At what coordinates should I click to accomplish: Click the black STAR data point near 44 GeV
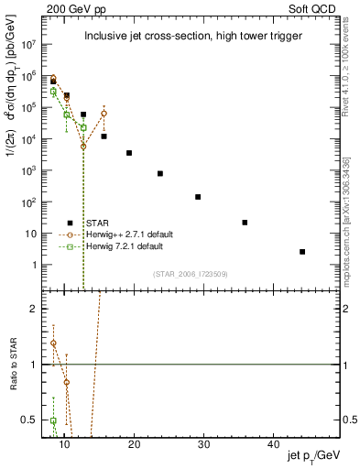(302, 251)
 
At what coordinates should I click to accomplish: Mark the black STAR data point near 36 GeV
(245, 223)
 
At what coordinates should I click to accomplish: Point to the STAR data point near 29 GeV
(198, 197)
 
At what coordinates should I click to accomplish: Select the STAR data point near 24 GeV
(159, 173)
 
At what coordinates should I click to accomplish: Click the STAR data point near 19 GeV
(129, 153)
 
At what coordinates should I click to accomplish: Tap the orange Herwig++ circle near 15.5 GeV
(104, 114)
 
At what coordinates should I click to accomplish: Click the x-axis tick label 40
(273, 443)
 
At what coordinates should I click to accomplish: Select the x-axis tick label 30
(203, 443)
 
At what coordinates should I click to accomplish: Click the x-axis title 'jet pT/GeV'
(313, 455)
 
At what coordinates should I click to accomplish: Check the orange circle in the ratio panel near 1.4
(53, 344)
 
